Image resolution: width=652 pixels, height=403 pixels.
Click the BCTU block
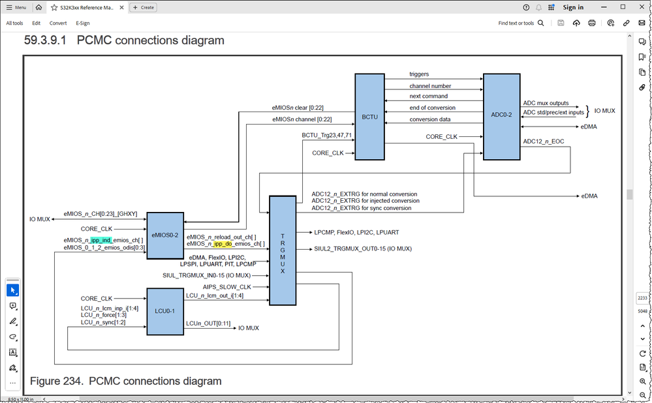pos(369,117)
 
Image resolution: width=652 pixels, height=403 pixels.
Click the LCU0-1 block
pos(164,312)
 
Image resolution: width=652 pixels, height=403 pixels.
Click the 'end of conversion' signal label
pos(432,108)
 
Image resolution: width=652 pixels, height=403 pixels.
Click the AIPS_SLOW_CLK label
pos(226,286)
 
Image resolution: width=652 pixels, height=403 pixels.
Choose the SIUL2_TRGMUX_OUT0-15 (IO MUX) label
pos(363,248)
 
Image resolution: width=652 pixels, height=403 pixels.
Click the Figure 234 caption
pos(126,381)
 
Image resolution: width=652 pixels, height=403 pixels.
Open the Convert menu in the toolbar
pos(58,23)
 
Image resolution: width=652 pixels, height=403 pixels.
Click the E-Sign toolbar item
pos(83,23)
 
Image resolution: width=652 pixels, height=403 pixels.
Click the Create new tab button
pos(143,7)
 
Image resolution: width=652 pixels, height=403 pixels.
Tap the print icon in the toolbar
pos(592,23)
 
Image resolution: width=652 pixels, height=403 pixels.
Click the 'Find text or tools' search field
pos(520,23)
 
